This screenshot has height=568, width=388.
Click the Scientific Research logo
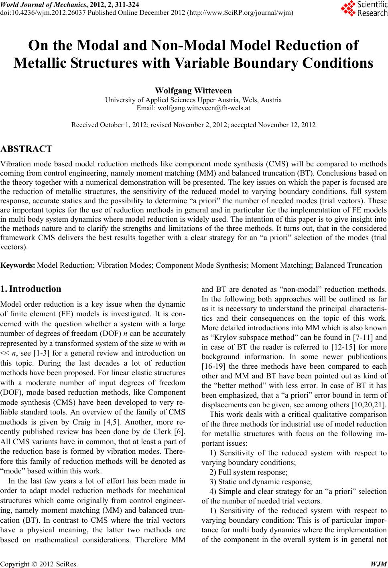coord(364,8)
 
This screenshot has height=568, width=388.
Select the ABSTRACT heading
coord(26,150)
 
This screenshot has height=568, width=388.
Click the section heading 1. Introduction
coord(31,289)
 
